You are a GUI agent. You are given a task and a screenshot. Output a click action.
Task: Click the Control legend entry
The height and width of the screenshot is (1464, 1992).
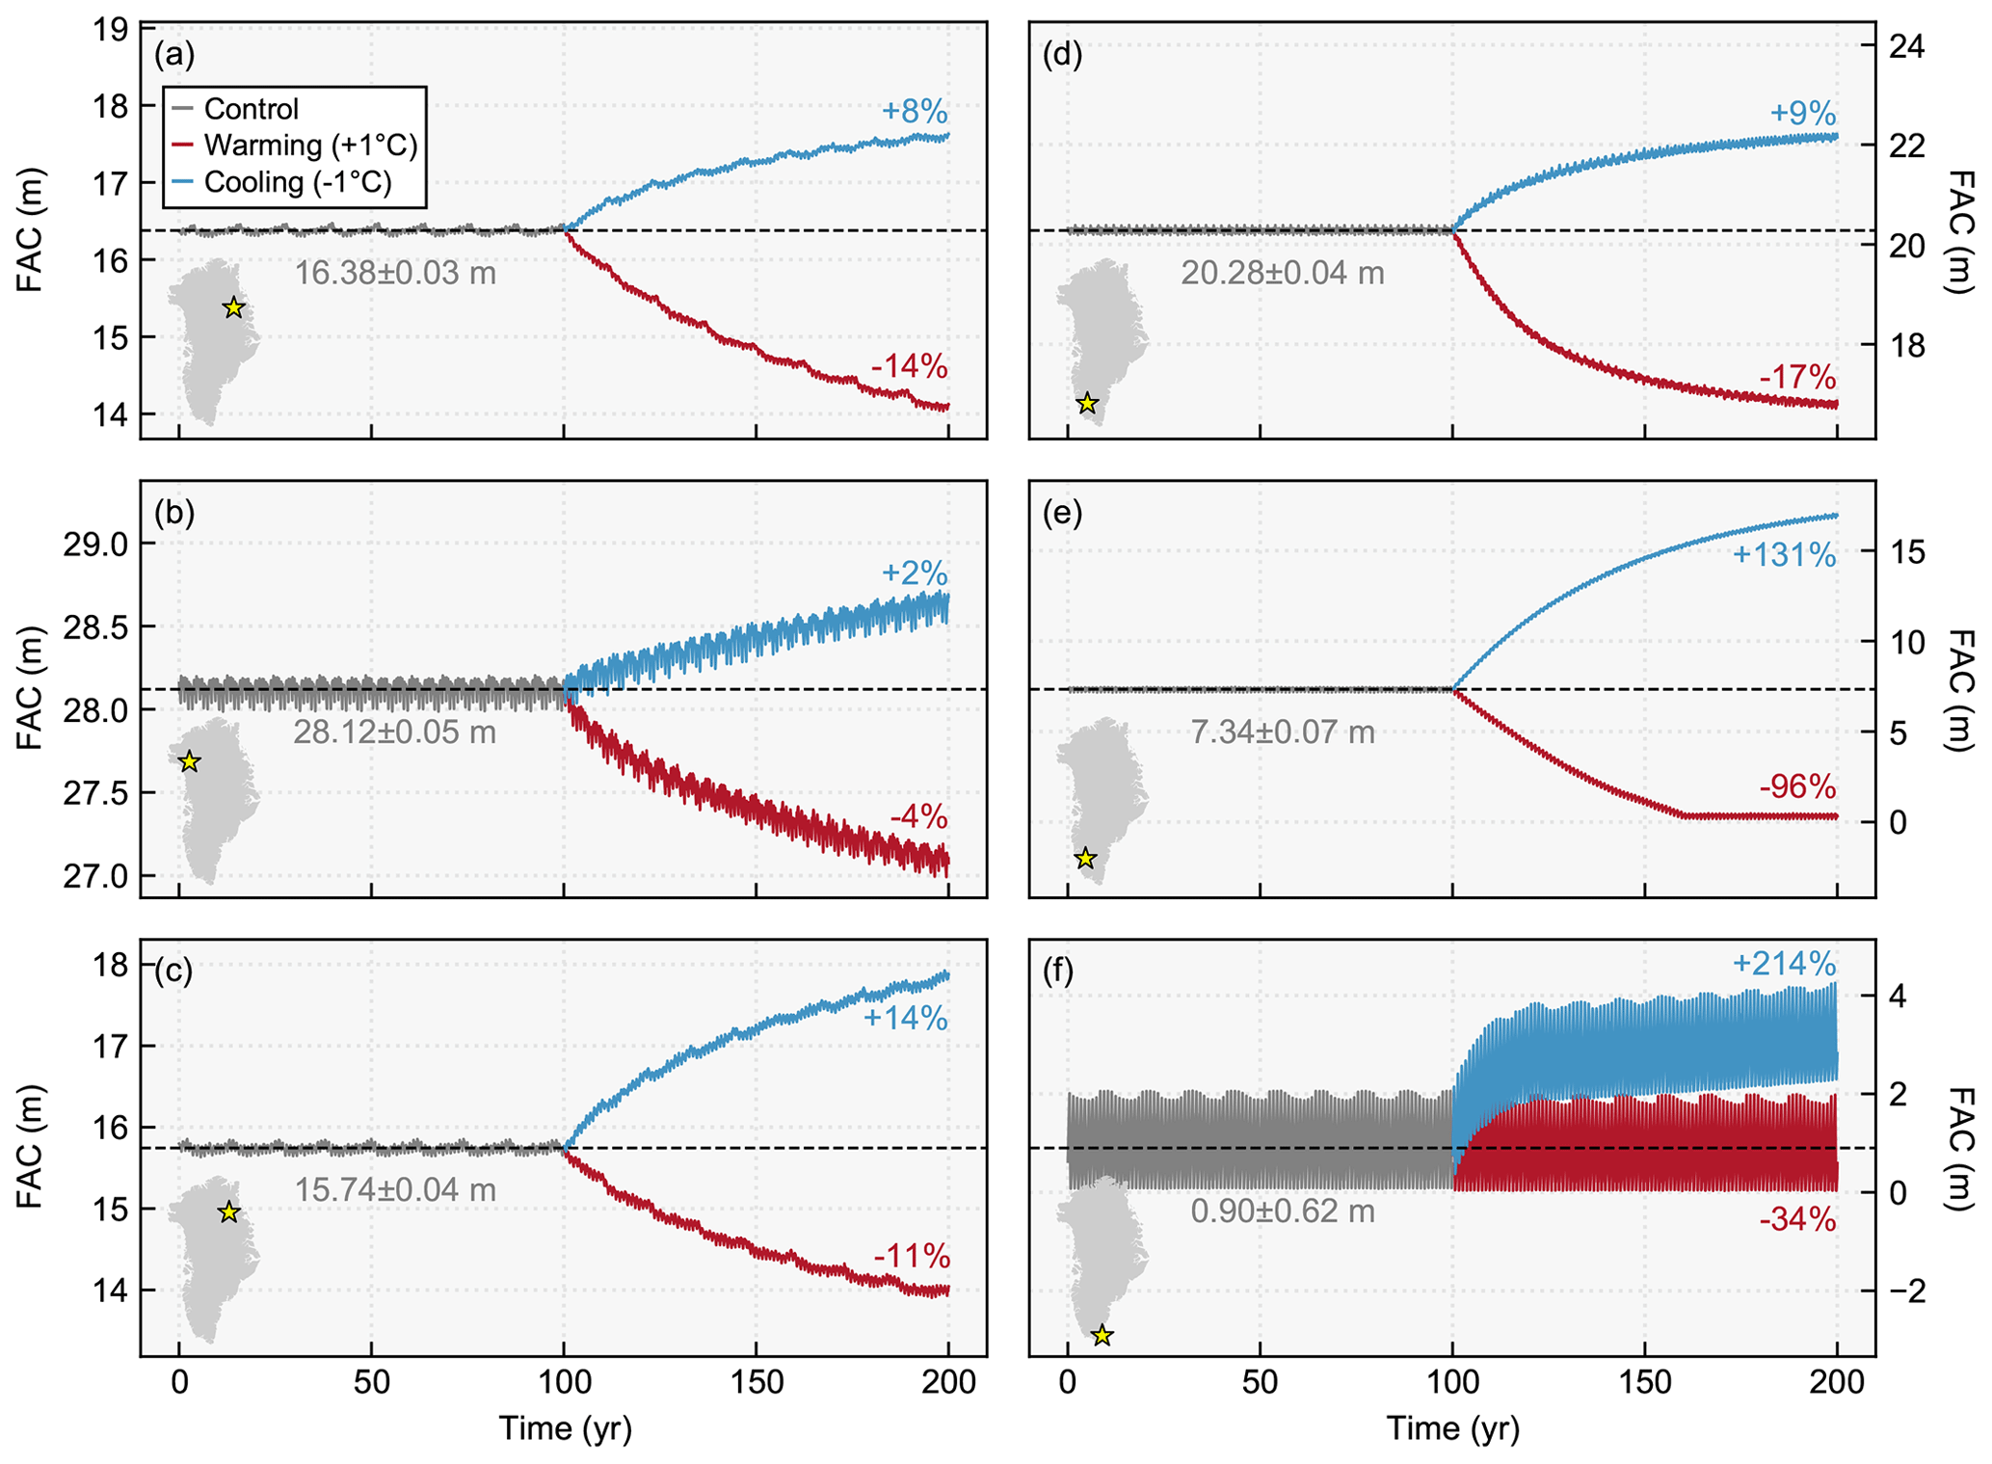coord(251,109)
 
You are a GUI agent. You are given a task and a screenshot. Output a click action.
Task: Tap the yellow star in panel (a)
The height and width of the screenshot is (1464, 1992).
coord(233,308)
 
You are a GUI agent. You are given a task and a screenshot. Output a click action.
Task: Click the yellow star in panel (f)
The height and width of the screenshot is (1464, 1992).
coord(1102,1336)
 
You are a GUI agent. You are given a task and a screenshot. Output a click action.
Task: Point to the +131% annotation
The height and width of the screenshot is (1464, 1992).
coord(1783,555)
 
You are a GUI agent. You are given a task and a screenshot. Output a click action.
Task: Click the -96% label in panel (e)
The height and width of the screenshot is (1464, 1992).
coord(1797,787)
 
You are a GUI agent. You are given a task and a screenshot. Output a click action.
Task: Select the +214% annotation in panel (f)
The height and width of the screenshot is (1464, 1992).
coord(1783,964)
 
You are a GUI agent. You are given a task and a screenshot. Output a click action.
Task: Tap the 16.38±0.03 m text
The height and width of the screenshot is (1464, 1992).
coord(395,274)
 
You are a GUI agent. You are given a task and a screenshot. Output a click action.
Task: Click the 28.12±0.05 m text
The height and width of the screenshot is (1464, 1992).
coord(395,732)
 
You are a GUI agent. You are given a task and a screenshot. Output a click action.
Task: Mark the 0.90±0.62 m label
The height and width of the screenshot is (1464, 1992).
coord(1283,1211)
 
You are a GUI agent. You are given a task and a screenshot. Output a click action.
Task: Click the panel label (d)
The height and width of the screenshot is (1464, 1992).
coord(1063,55)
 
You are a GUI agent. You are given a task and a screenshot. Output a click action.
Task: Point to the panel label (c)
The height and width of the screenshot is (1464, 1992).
coord(173,972)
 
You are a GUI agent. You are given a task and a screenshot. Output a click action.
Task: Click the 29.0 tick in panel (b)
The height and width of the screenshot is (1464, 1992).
coord(100,545)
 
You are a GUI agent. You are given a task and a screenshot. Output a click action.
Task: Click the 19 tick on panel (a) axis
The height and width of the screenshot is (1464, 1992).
coord(113,31)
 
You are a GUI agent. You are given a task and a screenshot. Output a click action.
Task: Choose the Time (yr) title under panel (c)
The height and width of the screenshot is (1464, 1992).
coord(565,1428)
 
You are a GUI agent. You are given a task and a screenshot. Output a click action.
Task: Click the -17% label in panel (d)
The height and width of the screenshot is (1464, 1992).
coord(1797,377)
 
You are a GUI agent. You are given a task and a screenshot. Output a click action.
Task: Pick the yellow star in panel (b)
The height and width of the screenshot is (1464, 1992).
coord(190,762)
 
